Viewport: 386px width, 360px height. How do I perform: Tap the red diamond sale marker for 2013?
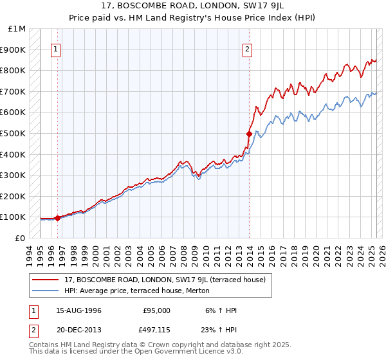(x=250, y=134)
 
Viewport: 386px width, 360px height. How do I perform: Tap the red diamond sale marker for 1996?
(x=57, y=218)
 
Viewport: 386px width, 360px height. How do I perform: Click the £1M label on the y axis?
(x=17, y=29)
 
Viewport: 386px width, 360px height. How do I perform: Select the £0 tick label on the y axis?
(x=21, y=239)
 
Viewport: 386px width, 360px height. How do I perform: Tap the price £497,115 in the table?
(x=156, y=330)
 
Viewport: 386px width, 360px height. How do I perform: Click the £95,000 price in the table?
(x=156, y=310)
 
